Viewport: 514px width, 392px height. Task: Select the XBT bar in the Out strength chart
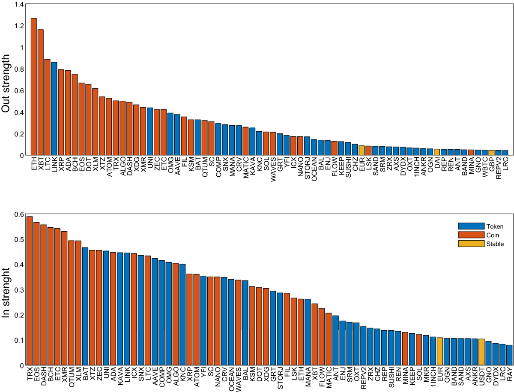click(41, 92)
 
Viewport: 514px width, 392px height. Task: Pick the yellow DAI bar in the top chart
click(437, 152)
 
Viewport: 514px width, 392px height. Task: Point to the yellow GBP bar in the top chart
click(492, 153)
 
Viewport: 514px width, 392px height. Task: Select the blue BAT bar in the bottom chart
click(85, 306)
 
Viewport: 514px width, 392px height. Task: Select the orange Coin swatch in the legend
click(471, 235)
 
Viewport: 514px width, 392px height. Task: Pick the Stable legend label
click(495, 244)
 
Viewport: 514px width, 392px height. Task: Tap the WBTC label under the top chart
click(485, 166)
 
